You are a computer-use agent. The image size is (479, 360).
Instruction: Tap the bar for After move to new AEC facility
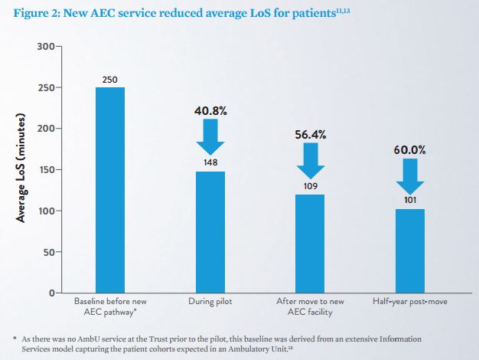[x=309, y=244]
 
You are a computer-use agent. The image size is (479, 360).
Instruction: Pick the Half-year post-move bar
[x=411, y=251]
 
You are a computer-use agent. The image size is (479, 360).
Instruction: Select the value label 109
[x=310, y=186]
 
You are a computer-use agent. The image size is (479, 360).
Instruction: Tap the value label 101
[x=411, y=201]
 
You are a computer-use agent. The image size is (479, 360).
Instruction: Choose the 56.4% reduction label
[x=310, y=134]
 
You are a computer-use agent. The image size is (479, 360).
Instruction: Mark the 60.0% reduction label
[x=411, y=150]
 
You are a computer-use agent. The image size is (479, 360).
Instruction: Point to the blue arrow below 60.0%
[x=411, y=177]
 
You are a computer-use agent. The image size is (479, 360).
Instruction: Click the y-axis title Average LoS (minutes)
[x=23, y=169]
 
